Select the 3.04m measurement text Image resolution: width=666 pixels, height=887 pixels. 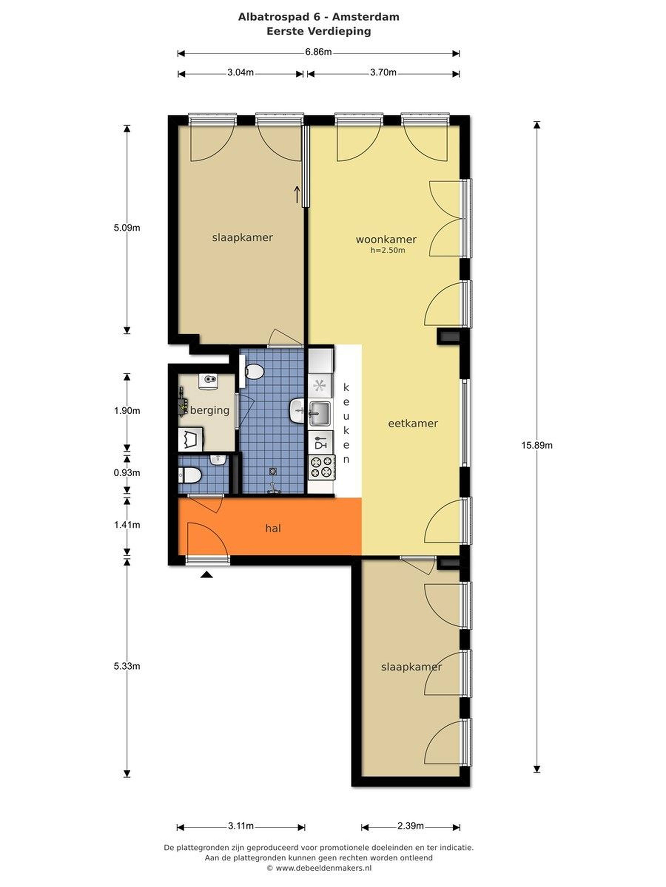[240, 73]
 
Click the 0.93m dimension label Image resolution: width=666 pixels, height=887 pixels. [127, 473]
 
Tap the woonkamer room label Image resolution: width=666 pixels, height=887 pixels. [386, 239]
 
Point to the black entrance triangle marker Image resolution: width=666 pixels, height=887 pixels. [206, 575]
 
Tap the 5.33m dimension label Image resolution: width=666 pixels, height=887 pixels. [127, 666]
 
